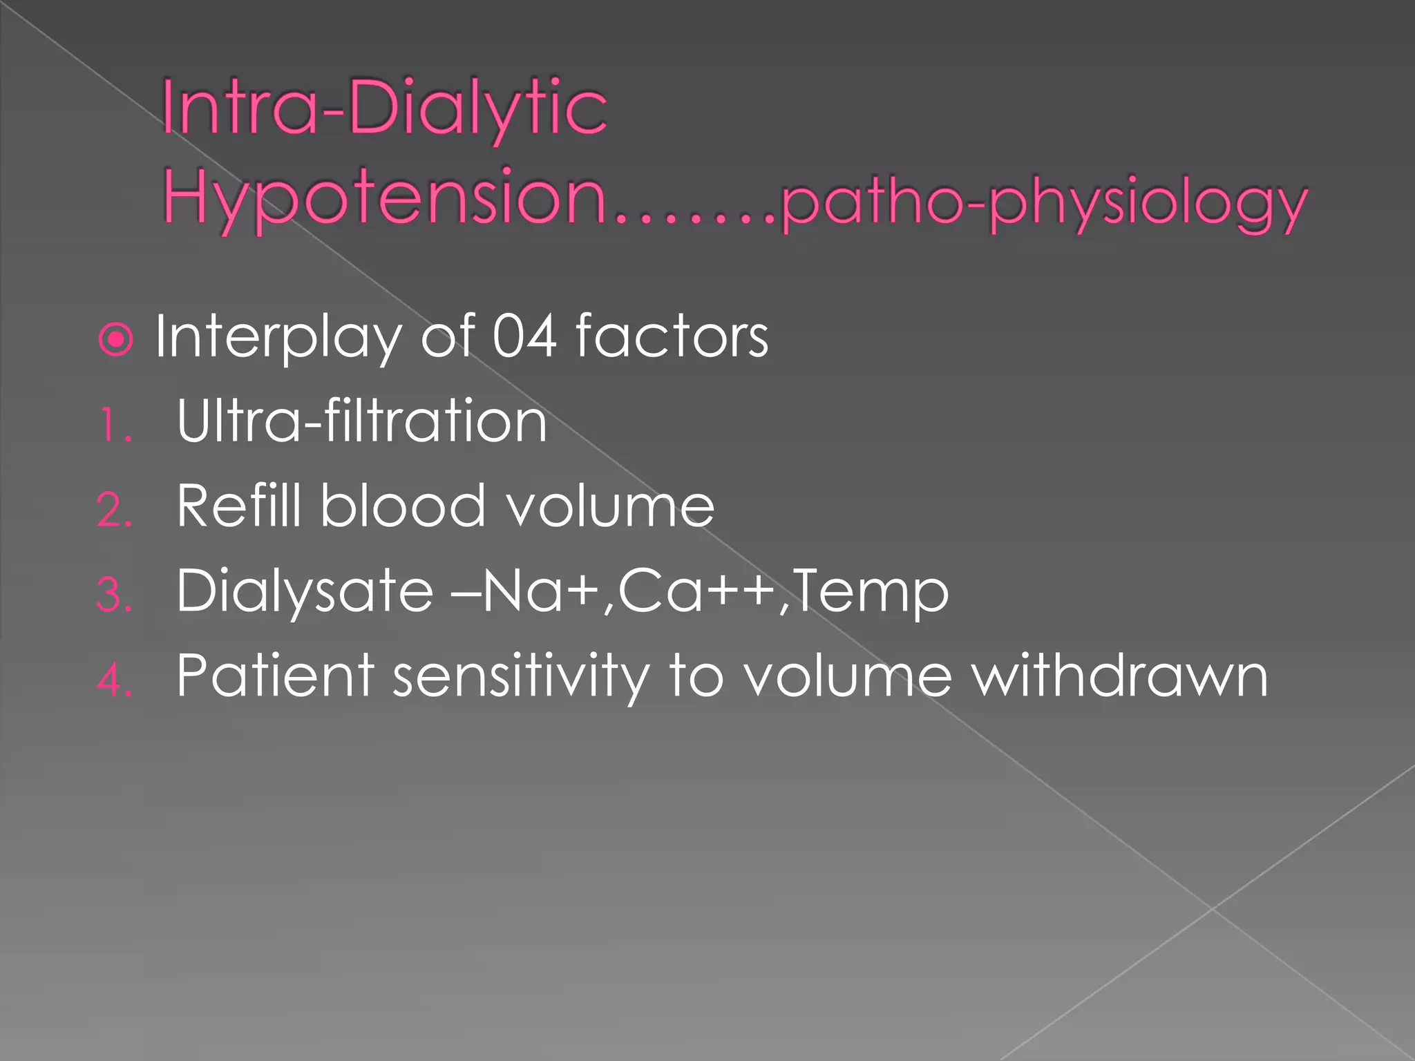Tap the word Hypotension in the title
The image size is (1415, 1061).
pyautogui.click(x=384, y=196)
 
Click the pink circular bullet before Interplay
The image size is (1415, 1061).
pyautogui.click(x=115, y=339)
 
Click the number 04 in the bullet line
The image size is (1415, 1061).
pyautogui.click(x=524, y=336)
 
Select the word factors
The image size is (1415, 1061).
pyautogui.click(x=672, y=336)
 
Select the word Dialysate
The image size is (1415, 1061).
pyautogui.click(x=304, y=591)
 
